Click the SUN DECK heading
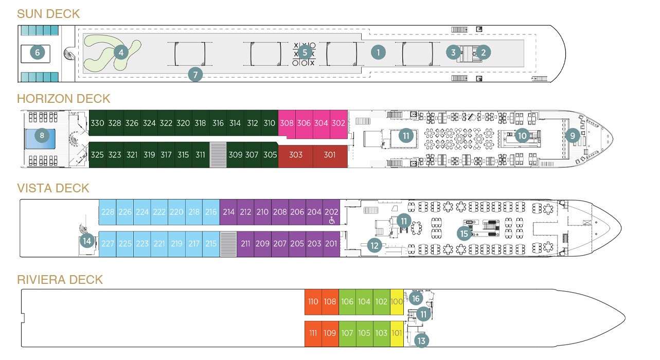[x=48, y=14]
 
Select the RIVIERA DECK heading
[x=60, y=280]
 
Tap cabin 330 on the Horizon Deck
[x=97, y=123]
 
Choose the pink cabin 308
[x=287, y=123]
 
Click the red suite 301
[x=330, y=155]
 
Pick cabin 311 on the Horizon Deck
[x=200, y=155]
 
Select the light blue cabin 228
[x=108, y=212]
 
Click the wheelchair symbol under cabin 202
[x=332, y=221]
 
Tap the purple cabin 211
[x=245, y=244]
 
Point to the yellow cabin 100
[x=397, y=302]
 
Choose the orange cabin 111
[x=313, y=333]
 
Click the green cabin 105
[x=364, y=333]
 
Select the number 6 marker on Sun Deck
[x=38, y=52]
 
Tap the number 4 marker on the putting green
[x=120, y=52]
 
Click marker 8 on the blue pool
[x=42, y=136]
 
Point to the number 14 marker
[x=87, y=240]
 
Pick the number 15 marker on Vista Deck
[x=465, y=233]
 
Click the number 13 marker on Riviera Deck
[x=421, y=340]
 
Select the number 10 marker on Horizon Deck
[x=522, y=136]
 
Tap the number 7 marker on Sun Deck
[x=195, y=74]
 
